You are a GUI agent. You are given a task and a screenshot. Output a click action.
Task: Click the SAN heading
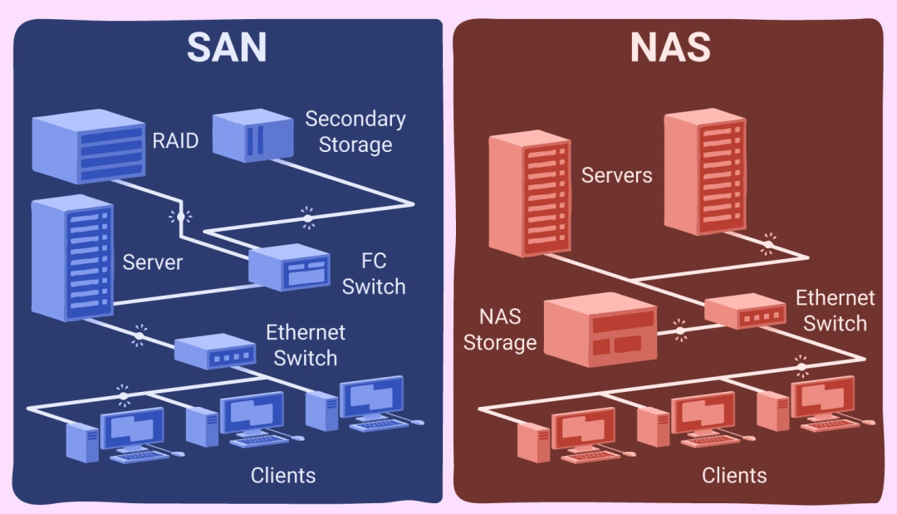(227, 47)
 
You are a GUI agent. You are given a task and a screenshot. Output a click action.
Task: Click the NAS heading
(669, 47)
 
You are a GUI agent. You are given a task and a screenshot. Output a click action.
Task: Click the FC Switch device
(290, 267)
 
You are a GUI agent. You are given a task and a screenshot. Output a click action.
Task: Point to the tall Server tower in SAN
(71, 259)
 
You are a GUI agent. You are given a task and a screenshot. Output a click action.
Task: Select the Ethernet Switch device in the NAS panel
(745, 311)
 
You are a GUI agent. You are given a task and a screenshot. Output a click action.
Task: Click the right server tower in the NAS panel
(704, 171)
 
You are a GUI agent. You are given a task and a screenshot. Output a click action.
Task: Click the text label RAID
(175, 140)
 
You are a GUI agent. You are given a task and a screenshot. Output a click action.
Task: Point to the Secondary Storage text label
(355, 131)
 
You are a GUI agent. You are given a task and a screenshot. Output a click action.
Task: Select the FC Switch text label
(374, 275)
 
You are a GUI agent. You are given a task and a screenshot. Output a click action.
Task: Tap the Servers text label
(617, 175)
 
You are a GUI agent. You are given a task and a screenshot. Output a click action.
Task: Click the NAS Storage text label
(500, 329)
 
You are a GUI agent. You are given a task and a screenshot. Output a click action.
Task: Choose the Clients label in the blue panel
(283, 476)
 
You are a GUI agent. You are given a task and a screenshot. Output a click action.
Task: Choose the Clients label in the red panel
(734, 475)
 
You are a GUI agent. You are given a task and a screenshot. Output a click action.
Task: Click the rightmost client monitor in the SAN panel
(372, 398)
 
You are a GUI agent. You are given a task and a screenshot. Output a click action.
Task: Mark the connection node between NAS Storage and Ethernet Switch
(680, 331)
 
